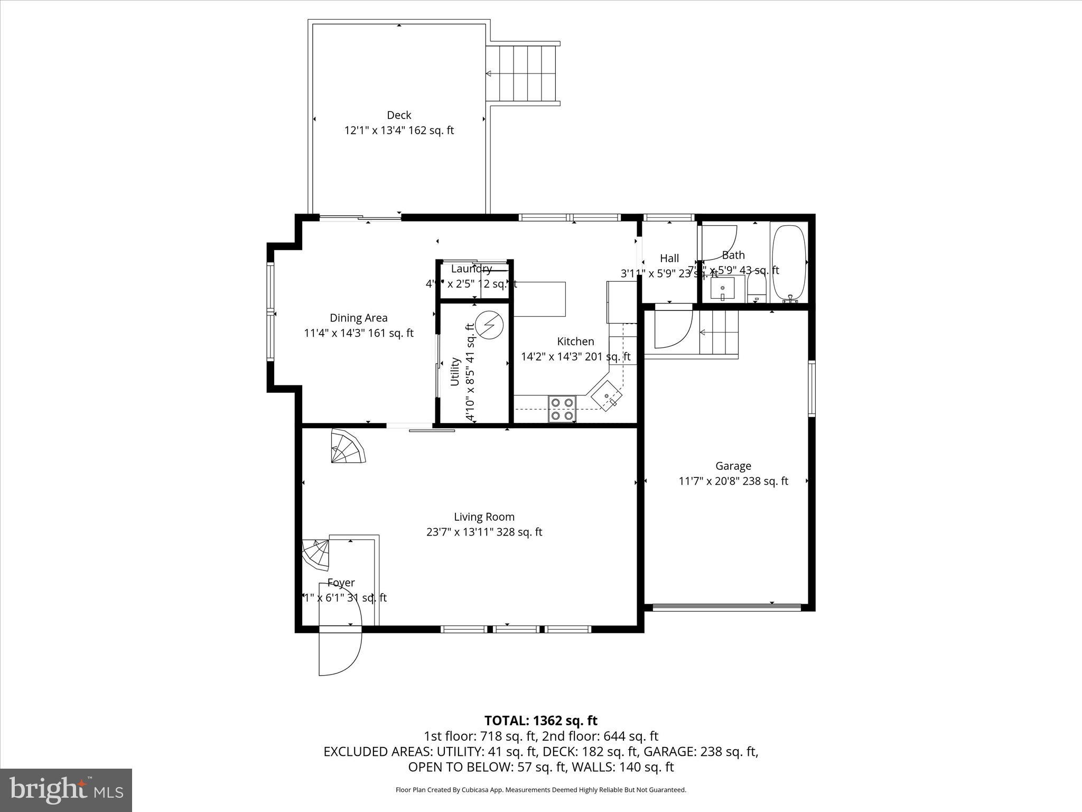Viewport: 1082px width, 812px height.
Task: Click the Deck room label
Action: [399, 115]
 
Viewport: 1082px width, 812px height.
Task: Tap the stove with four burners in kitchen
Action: [562, 409]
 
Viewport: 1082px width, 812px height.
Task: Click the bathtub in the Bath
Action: [789, 263]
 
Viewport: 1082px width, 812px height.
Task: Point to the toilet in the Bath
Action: [757, 288]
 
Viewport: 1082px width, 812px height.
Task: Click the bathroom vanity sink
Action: [723, 289]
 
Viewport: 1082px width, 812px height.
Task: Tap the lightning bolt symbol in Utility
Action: [489, 325]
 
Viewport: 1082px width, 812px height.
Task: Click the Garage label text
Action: [733, 466]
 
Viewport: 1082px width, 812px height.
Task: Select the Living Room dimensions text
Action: [484, 532]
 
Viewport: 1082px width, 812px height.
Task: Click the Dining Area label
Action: [358, 318]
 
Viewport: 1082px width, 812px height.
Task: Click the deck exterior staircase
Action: [522, 73]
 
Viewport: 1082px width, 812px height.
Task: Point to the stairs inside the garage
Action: [719, 333]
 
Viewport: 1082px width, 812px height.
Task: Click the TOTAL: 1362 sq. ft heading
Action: [540, 721]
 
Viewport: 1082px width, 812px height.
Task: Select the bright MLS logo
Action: [66, 790]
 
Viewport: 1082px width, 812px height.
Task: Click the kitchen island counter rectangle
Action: [539, 299]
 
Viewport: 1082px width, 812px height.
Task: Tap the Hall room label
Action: [669, 259]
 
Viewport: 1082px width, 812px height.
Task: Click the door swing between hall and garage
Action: [672, 328]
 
